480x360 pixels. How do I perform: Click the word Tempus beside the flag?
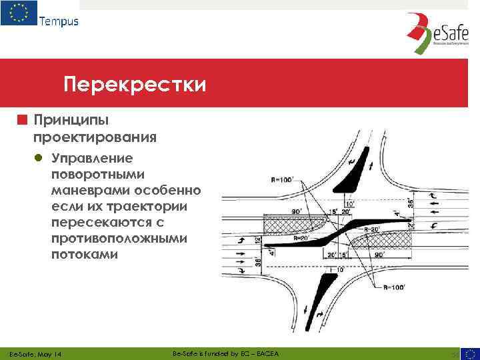pos(59,21)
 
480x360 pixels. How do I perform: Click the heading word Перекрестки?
pos(135,85)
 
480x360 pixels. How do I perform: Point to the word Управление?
pos(91,159)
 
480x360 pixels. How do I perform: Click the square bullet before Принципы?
pos(23,121)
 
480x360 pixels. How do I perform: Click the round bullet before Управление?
pos(39,159)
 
